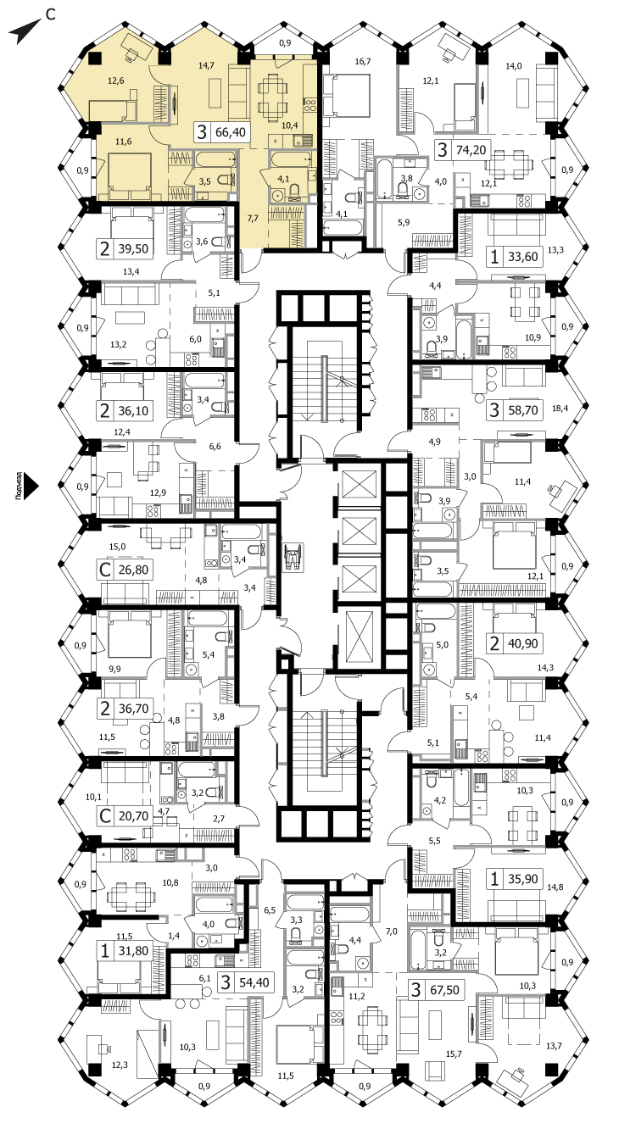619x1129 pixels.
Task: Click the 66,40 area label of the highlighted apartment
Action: pyautogui.click(x=231, y=132)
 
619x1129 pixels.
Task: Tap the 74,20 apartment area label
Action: pyautogui.click(x=471, y=150)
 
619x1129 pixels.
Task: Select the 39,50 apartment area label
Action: pyautogui.click(x=133, y=249)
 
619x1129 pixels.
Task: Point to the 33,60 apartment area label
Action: pyautogui.click(x=522, y=257)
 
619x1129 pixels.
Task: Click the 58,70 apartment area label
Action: pyautogui.click(x=522, y=409)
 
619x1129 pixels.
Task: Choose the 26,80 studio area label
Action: pyautogui.click(x=133, y=570)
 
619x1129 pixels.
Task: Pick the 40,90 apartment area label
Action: pyautogui.click(x=522, y=643)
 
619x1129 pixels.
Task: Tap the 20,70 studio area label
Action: pyautogui.click(x=133, y=816)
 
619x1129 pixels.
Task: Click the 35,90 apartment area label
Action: pyautogui.click(x=522, y=879)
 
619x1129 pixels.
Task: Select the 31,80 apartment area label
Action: pyautogui.click(x=133, y=951)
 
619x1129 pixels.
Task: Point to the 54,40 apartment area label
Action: pyautogui.click(x=254, y=982)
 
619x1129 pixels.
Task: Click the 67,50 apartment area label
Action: pyautogui.click(x=444, y=990)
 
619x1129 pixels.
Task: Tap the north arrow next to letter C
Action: pyautogui.click(x=25, y=31)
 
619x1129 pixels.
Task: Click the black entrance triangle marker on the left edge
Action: pyautogui.click(x=32, y=487)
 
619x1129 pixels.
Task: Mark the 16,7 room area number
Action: pyautogui.click(x=363, y=62)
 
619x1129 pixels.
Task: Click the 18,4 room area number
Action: pyautogui.click(x=560, y=409)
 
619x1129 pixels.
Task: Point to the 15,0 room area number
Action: pyautogui.click(x=117, y=547)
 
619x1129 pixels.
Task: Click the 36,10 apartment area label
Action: pyautogui.click(x=133, y=411)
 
